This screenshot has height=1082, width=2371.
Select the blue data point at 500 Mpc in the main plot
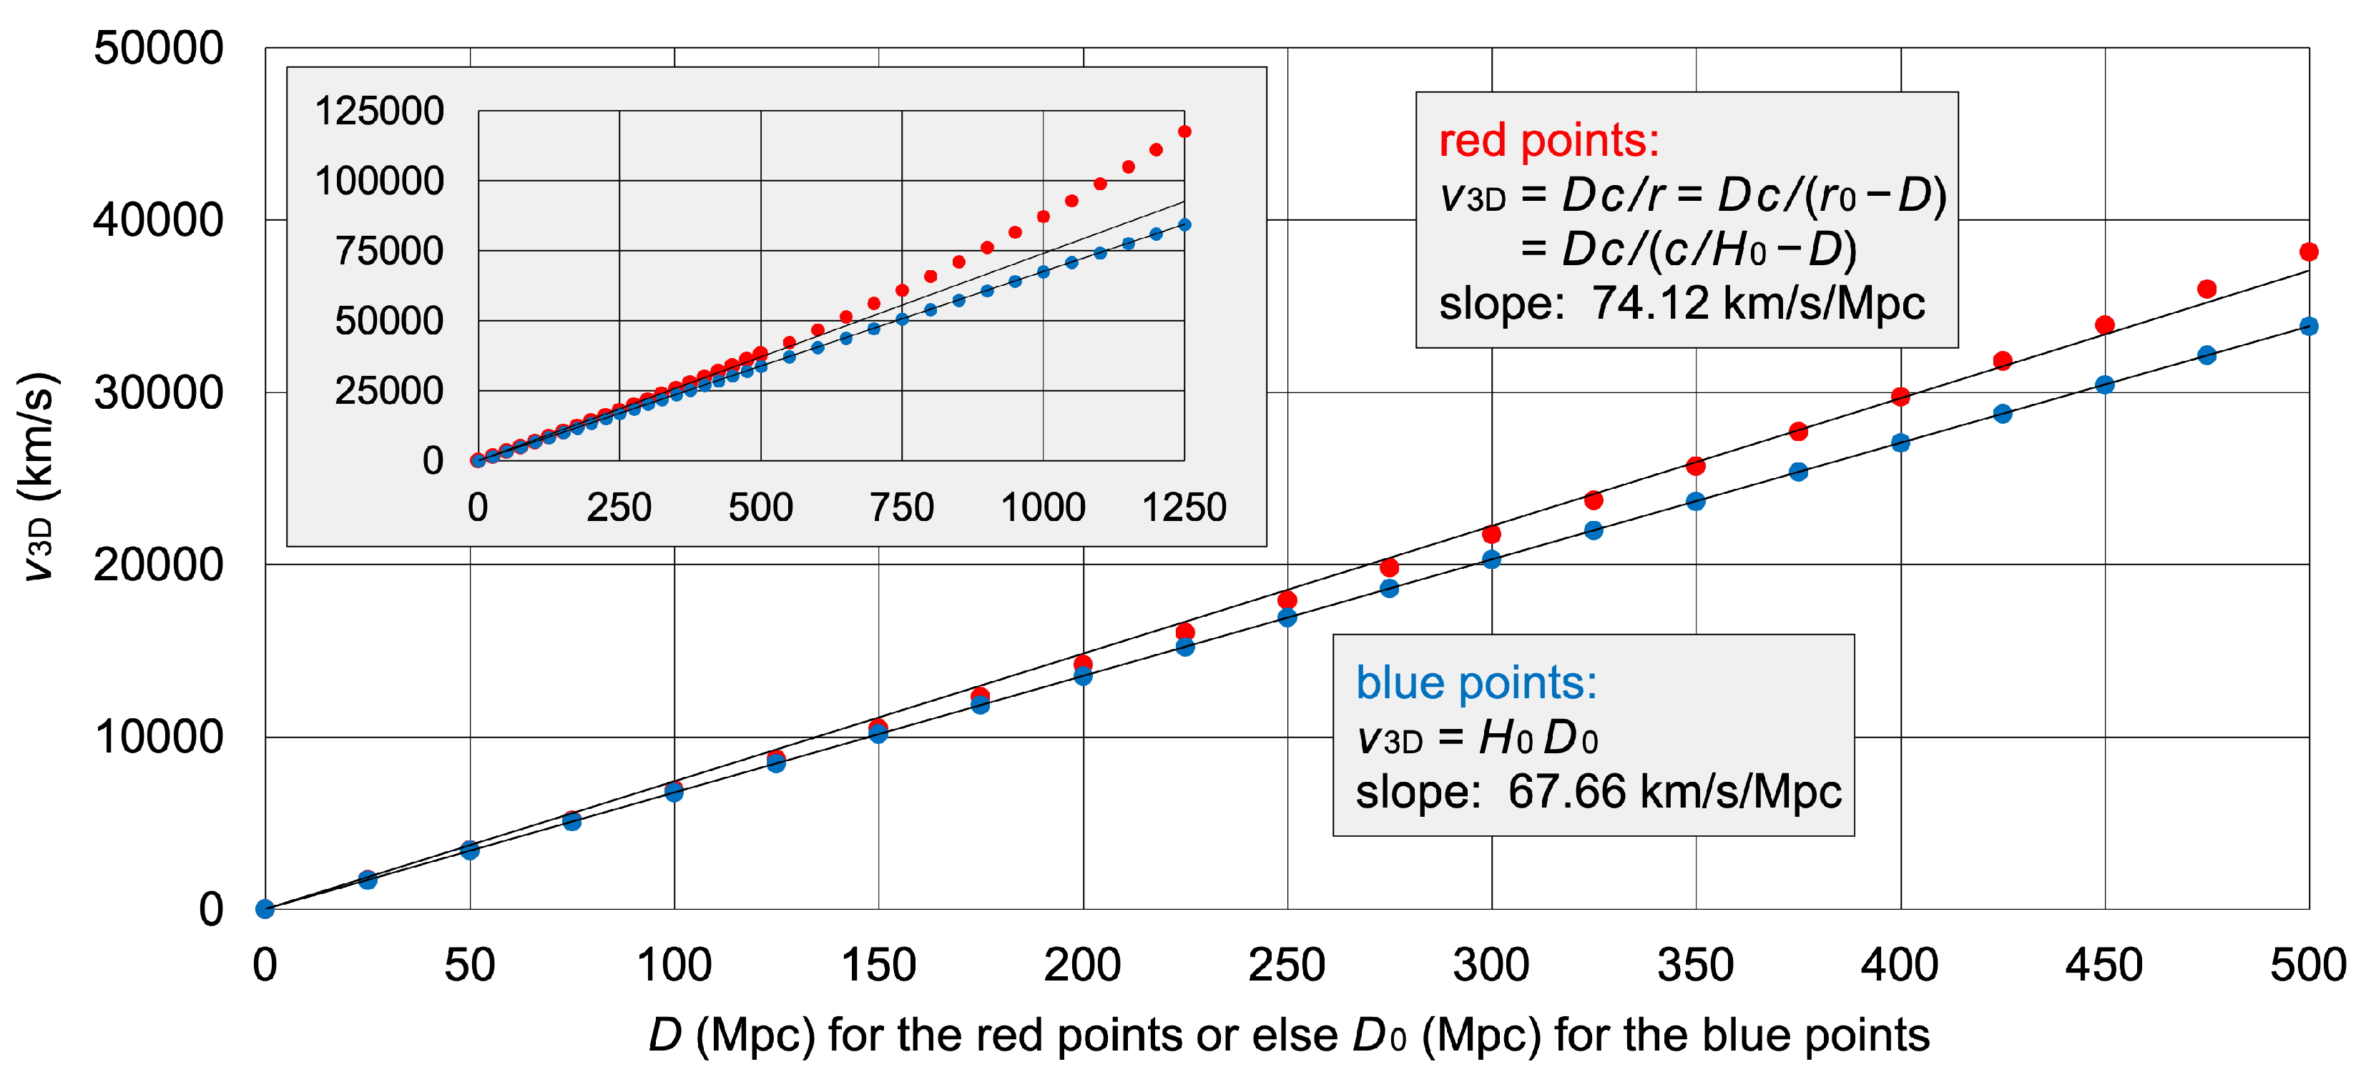tap(2307, 327)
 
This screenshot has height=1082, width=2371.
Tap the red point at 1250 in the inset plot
tap(1184, 131)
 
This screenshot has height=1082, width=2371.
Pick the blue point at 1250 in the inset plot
tap(1184, 224)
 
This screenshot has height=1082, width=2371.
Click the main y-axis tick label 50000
tap(158, 48)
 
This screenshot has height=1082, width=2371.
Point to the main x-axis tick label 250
tap(1287, 965)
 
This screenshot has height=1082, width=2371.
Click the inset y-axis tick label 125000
tap(379, 111)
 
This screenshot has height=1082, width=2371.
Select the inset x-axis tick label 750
tap(902, 507)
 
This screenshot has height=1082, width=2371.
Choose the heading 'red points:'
tap(1549, 141)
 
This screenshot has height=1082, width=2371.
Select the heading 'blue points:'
tap(1476, 683)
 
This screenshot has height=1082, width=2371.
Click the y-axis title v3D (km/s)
tap(39, 477)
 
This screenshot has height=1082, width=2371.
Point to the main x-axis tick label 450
tap(2104, 965)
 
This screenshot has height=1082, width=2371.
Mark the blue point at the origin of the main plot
tap(265, 909)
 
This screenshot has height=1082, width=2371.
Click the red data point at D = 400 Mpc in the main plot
tap(1900, 397)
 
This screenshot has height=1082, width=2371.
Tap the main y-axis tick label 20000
tap(158, 564)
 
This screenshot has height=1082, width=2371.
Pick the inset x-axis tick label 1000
tap(1043, 507)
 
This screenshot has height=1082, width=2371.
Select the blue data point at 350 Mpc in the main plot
tap(1695, 502)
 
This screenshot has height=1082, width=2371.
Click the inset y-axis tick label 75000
tap(388, 251)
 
